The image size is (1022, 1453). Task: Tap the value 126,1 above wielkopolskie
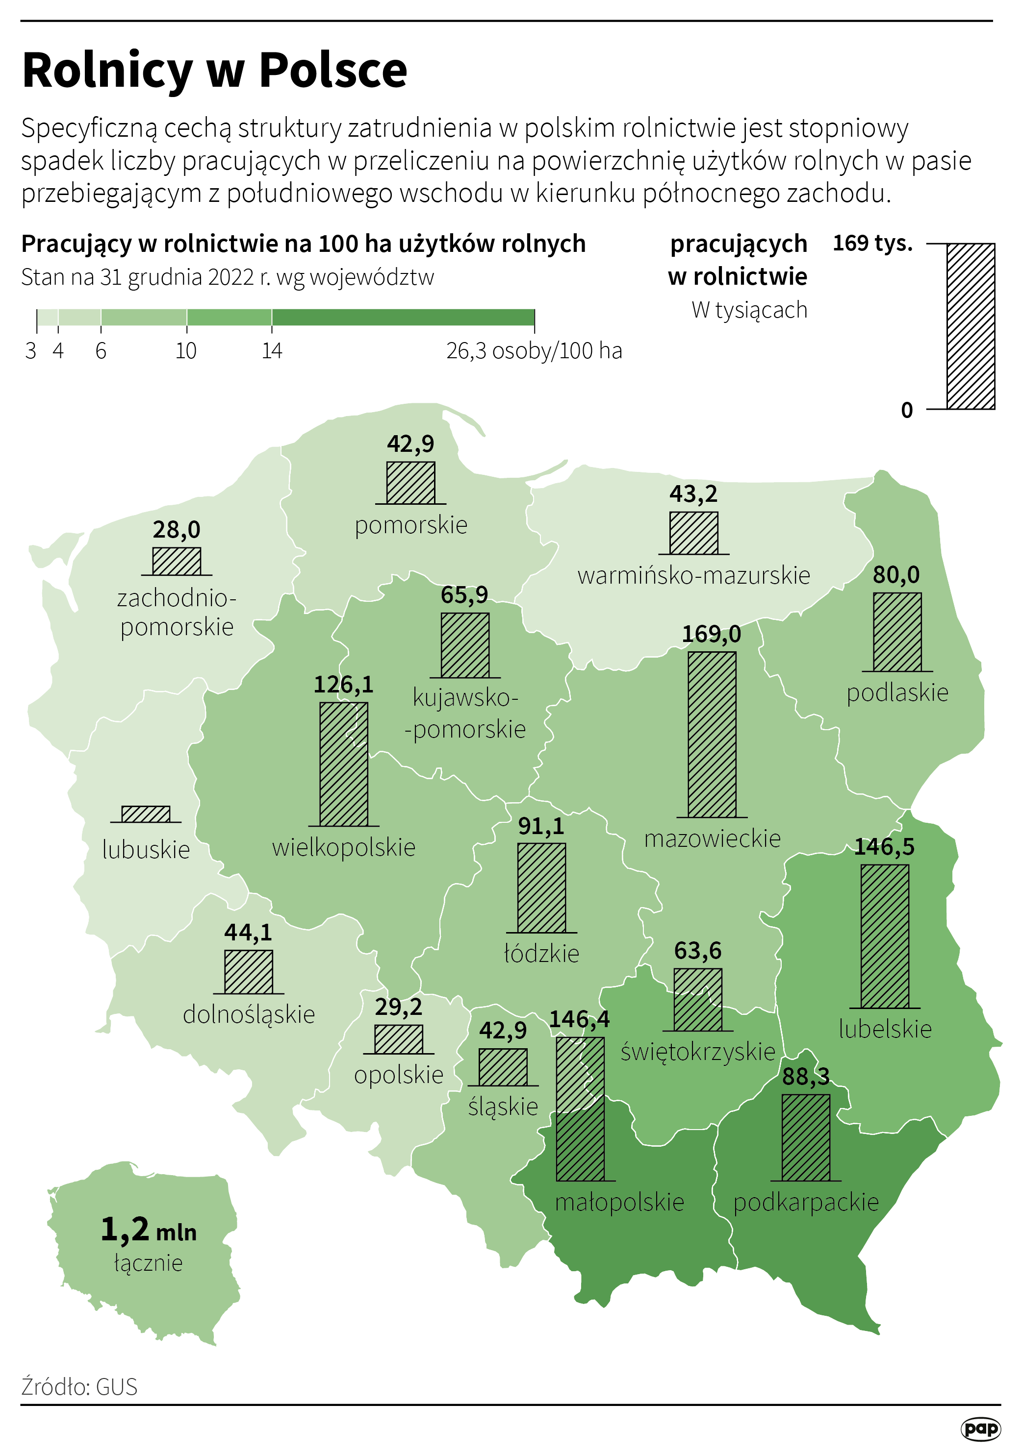[344, 685]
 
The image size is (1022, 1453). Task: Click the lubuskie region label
[146, 850]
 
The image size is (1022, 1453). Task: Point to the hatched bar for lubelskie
[885, 936]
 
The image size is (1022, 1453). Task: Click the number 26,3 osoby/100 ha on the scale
[534, 350]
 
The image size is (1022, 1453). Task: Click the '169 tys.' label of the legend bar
[872, 243]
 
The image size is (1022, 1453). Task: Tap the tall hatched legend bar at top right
[970, 326]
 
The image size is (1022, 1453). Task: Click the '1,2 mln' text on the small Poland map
[148, 1230]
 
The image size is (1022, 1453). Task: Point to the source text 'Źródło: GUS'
[79, 1386]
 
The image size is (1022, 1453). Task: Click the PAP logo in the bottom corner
[980, 1428]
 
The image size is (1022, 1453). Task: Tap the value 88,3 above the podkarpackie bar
[805, 1077]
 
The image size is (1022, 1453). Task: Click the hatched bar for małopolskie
[580, 1108]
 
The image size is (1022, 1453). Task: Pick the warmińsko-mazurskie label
[693, 575]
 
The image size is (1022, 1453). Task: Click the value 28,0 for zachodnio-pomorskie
[176, 530]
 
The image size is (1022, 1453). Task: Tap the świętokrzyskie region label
[697, 1052]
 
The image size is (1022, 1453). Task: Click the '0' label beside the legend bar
[907, 410]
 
